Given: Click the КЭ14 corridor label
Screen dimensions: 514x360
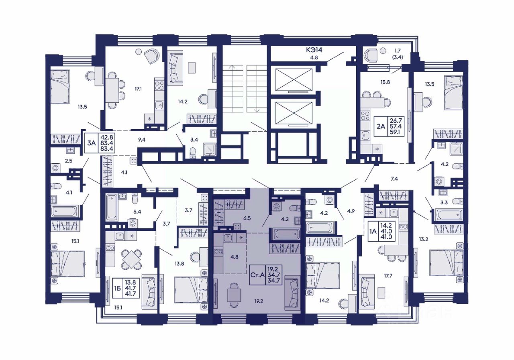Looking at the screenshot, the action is [x=314, y=50].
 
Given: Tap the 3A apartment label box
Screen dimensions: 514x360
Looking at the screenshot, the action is [x=100, y=143].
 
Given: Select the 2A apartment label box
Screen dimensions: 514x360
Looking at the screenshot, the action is [x=389, y=126].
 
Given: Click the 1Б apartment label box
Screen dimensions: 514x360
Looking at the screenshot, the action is [x=126, y=288].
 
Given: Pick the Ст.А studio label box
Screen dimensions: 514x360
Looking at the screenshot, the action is [x=266, y=275].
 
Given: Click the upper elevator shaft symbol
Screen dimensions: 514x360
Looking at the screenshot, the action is [x=294, y=80].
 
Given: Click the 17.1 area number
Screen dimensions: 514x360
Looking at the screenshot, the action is [x=138, y=89].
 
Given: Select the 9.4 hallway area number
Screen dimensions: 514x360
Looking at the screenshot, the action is [x=142, y=139].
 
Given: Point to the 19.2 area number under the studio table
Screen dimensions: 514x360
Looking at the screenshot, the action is [x=258, y=301].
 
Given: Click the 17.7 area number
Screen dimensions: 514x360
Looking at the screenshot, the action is [x=388, y=276].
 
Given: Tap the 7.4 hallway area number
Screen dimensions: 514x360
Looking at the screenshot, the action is [x=394, y=179].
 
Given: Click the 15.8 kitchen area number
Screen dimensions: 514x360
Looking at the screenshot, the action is [x=385, y=82].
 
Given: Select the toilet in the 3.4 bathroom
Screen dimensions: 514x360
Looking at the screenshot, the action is [x=193, y=153].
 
